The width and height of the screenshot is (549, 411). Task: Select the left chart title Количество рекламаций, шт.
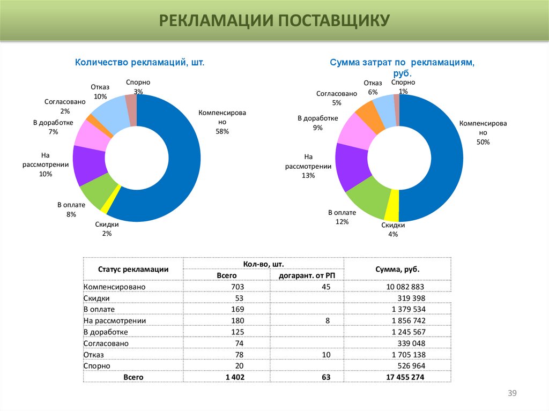click(140, 63)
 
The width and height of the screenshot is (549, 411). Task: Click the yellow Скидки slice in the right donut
click(391, 213)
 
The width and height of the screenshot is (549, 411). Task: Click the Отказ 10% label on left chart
click(100, 92)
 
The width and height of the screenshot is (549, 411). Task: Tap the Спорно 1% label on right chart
click(403, 87)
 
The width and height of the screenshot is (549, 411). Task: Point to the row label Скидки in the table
click(97, 298)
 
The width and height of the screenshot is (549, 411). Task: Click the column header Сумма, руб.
click(397, 270)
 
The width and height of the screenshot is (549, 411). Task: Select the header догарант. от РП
click(306, 275)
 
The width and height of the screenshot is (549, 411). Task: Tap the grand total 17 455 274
click(405, 377)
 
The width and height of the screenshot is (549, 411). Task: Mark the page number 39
click(511, 394)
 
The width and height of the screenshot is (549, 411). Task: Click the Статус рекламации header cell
click(133, 270)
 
